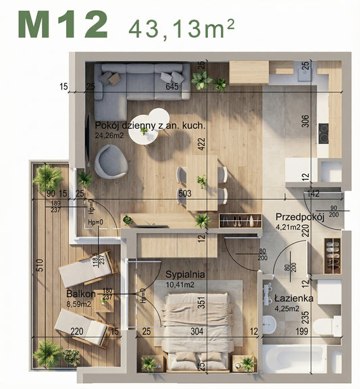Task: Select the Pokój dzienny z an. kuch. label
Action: point(150,126)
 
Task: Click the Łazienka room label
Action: point(293,298)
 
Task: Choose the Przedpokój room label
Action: point(300,217)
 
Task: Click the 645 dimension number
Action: point(172,86)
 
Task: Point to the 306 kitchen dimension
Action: point(305,122)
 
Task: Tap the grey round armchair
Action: point(109,162)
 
